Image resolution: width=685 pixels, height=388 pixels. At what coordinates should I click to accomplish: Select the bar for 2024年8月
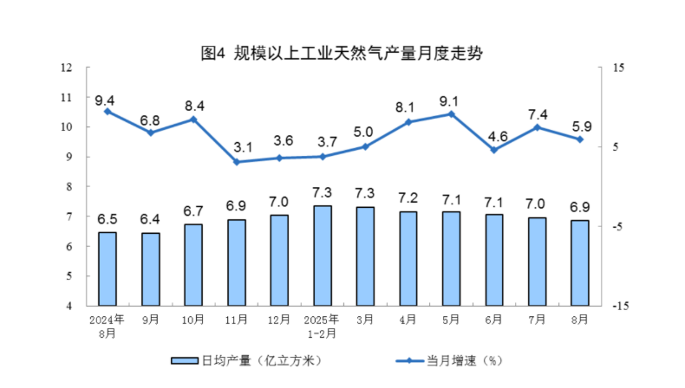pos(108,268)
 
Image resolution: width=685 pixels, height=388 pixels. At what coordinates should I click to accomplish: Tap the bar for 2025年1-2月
pos(323,255)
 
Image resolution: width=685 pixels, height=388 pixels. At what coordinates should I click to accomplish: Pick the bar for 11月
pos(237,262)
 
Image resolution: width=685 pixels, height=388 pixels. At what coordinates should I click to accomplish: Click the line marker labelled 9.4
pos(108,111)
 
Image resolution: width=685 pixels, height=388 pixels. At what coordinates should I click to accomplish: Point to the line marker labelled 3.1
pos(237,162)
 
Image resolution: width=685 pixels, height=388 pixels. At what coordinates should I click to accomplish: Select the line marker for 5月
pos(451,113)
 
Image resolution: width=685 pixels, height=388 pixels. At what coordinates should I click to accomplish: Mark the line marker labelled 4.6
pos(494,150)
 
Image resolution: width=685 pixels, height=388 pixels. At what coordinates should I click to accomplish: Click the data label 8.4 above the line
pos(193,107)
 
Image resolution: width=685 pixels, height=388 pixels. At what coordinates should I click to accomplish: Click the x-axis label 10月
pos(193,319)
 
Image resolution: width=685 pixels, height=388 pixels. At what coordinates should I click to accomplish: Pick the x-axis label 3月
pos(365,319)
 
